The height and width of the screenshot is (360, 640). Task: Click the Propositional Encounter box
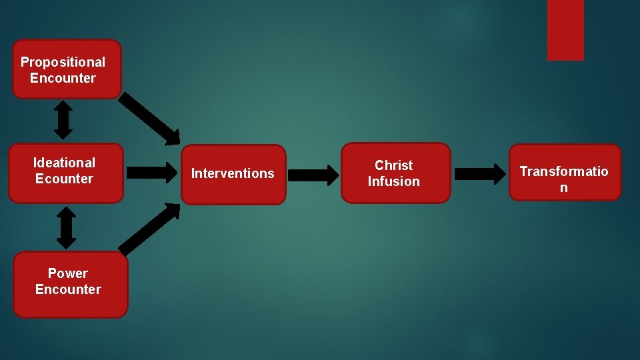67,69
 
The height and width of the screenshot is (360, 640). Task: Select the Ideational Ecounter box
66,173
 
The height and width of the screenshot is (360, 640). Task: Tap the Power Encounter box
70,284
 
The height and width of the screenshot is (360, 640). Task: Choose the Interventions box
233,174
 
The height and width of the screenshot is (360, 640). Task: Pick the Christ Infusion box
395,173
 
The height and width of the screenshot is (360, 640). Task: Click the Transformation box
565,172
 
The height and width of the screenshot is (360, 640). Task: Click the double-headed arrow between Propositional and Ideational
63,121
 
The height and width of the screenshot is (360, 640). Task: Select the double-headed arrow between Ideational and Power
66,227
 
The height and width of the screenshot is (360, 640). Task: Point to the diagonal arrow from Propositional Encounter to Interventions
149,119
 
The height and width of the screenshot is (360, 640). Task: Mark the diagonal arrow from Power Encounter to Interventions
150,229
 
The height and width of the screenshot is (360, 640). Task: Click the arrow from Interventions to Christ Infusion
313,175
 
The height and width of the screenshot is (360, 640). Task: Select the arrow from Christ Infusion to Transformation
480,174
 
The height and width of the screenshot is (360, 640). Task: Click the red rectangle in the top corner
565,30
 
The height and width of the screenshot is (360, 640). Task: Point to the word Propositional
63,62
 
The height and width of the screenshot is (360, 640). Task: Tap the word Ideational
64,163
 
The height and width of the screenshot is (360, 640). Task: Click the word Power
67,273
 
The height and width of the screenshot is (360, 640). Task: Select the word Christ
393,165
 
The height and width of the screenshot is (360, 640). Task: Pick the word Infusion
393,181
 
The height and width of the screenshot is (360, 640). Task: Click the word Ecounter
64,179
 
